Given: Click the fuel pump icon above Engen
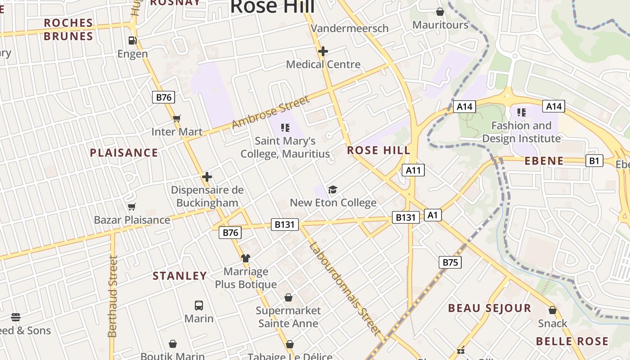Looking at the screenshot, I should [x=132, y=40].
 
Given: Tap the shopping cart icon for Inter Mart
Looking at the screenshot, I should [x=177, y=119].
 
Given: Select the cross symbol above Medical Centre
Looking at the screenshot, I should [x=323, y=51].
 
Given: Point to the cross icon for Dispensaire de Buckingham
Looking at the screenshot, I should [x=207, y=177].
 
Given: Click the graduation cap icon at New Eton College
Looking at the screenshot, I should [x=333, y=189].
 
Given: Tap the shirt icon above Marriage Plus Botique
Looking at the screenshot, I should [x=245, y=258].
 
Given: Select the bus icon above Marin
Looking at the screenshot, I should [x=199, y=306].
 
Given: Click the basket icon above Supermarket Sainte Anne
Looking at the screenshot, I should [x=288, y=297].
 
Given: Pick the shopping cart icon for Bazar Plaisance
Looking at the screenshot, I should [x=132, y=207].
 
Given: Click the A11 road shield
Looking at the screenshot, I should [x=413, y=170].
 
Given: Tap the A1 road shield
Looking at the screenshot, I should [x=432, y=215].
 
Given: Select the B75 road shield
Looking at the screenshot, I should [x=450, y=262].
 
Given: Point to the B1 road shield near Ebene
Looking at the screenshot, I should [x=594, y=161].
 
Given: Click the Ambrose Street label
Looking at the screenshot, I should [x=271, y=112].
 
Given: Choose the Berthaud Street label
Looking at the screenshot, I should [x=112, y=296].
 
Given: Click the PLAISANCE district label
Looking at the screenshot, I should [x=124, y=153].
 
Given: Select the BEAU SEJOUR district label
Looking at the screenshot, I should [x=490, y=308].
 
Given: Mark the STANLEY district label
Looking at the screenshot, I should [x=180, y=276].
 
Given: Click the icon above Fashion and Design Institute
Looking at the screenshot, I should [x=522, y=112].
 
